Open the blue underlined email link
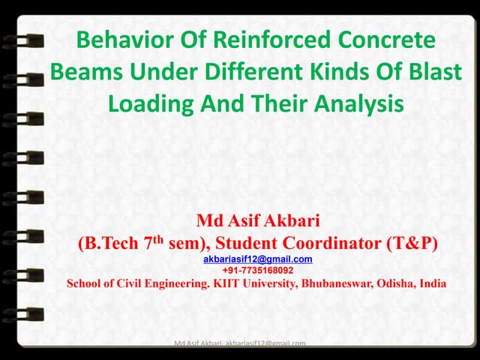(x=258, y=259)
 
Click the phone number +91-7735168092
(x=258, y=270)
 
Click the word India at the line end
(x=434, y=283)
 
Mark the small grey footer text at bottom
(x=239, y=343)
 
